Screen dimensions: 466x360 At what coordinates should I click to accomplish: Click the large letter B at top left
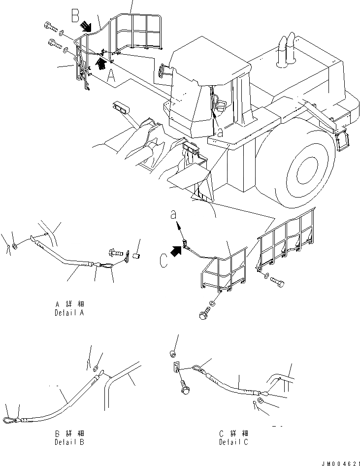pyautogui.click(x=75, y=16)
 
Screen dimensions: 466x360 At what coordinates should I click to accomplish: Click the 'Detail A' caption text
pyautogui.click(x=71, y=308)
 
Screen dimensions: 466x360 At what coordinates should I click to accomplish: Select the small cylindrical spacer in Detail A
pyautogui.click(x=137, y=256)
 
